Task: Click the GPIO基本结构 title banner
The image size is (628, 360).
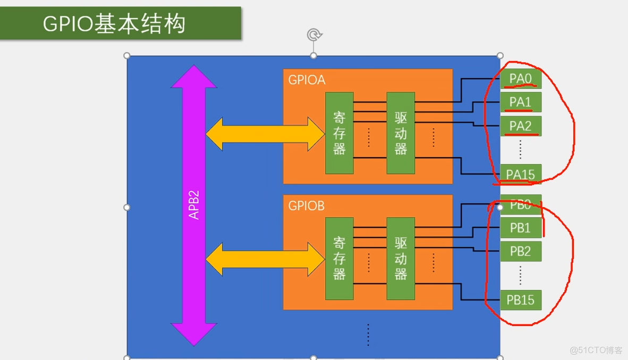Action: click(x=120, y=23)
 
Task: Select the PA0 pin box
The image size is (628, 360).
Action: click(x=520, y=79)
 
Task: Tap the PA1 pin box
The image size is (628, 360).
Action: click(x=520, y=102)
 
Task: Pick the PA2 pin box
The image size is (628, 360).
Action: click(x=520, y=126)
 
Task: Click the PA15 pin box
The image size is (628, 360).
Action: click(x=520, y=174)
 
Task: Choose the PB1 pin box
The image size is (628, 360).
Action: click(x=520, y=228)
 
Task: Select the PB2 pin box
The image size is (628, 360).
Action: click(x=520, y=251)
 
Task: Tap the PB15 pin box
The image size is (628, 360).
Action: click(x=520, y=300)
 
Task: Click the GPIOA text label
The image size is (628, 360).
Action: click(x=307, y=80)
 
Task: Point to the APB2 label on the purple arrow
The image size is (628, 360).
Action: click(x=194, y=204)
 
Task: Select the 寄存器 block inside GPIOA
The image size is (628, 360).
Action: click(x=340, y=133)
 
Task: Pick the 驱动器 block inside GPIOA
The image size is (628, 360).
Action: click(x=401, y=133)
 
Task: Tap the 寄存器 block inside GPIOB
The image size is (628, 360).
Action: click(x=340, y=259)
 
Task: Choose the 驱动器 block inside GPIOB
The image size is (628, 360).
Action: click(x=401, y=259)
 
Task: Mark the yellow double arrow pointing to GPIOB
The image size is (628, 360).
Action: click(x=265, y=260)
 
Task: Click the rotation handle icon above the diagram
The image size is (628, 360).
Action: click(x=313, y=35)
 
